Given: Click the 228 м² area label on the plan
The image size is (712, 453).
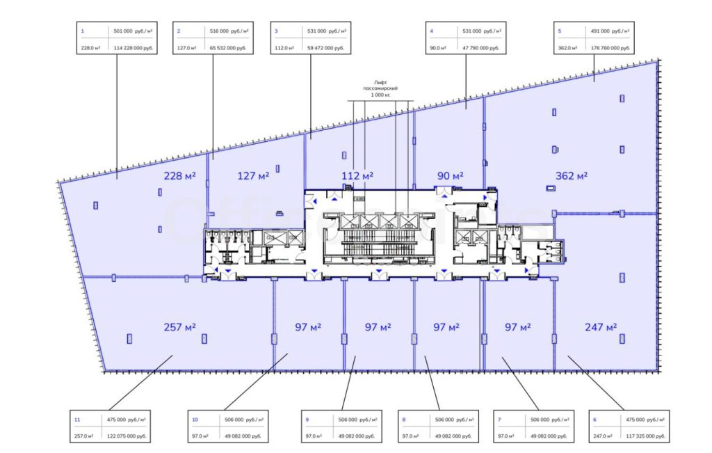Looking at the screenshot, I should pos(179,176).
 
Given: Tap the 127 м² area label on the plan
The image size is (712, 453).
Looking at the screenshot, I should pos(253,176).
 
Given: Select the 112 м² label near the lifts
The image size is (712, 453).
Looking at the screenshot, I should pos(357,176).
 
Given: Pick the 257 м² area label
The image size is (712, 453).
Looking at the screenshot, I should pos(180,327).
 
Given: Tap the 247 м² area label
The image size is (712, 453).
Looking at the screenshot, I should pos(601,327).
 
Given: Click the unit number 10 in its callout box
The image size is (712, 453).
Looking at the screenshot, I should pos(195,420).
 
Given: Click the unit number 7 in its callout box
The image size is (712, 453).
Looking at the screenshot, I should pos(499,420).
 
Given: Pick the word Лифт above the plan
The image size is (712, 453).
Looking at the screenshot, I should pos(380,82).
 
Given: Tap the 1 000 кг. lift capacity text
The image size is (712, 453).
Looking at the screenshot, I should pos(380,94).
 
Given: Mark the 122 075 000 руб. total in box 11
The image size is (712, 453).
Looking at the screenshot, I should pos(127,436).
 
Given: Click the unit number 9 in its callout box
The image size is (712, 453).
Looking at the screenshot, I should pos(307,420).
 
